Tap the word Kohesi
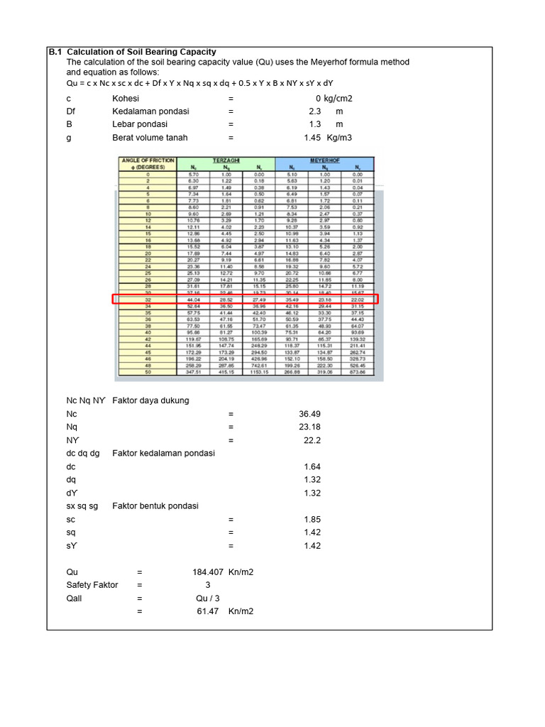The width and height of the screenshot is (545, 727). (x=126, y=99)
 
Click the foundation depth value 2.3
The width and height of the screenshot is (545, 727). (x=315, y=111)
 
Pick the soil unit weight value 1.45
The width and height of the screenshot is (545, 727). (x=312, y=138)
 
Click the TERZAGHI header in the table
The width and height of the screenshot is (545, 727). (x=226, y=160)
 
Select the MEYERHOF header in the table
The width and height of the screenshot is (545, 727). (x=326, y=160)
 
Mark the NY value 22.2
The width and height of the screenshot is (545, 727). (x=312, y=441)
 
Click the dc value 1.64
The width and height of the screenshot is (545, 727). (x=312, y=466)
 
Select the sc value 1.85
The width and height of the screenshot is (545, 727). (x=312, y=520)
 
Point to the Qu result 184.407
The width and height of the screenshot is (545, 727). (x=207, y=572)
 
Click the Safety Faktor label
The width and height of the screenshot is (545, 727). (x=92, y=585)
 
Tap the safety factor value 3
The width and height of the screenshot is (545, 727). (x=207, y=585)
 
